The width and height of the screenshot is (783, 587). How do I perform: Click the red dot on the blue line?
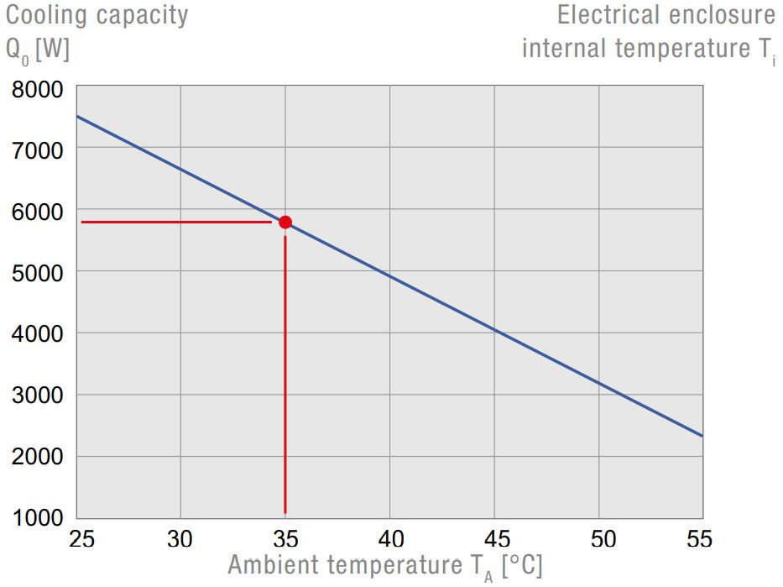[285, 222]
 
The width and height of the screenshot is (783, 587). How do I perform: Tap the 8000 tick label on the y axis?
[38, 89]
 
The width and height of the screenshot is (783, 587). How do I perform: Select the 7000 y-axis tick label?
[38, 150]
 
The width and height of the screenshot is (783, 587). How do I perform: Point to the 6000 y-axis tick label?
[38, 212]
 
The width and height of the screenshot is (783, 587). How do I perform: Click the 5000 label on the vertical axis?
[38, 273]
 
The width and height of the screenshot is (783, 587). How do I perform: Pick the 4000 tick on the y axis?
[38, 334]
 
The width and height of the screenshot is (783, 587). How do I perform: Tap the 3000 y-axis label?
[38, 396]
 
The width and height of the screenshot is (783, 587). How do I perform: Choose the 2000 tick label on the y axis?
[38, 457]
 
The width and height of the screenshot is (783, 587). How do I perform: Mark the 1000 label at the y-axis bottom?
[38, 518]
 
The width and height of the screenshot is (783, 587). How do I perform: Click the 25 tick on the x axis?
[81, 539]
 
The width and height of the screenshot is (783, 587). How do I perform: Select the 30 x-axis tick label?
[180, 539]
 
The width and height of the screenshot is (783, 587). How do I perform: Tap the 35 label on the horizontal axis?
[285, 539]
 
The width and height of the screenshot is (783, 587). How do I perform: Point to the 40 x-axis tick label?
[389, 539]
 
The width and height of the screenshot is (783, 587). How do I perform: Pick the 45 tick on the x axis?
[493, 539]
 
